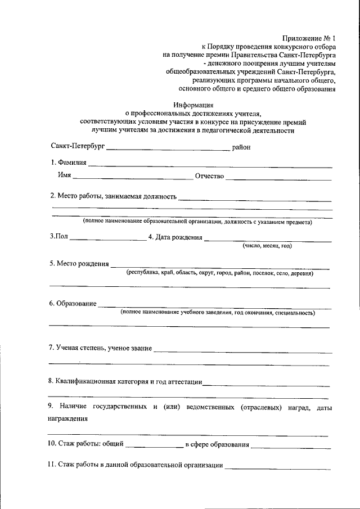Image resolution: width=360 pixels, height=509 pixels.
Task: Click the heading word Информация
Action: (193, 105)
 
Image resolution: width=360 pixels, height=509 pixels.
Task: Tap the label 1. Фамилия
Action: (68, 163)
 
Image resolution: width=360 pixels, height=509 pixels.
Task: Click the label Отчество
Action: (210, 177)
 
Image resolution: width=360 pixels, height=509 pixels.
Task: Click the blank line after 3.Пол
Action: (107, 240)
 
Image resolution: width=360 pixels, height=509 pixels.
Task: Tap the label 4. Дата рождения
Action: (175, 237)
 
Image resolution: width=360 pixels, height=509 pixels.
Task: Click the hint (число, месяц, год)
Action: (267, 246)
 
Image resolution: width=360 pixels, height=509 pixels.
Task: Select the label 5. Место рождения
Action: (79, 263)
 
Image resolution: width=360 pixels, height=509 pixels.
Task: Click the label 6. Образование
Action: (73, 304)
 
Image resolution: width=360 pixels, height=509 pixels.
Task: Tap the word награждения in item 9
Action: (67, 418)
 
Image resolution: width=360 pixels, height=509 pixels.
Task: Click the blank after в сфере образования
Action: (291, 447)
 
